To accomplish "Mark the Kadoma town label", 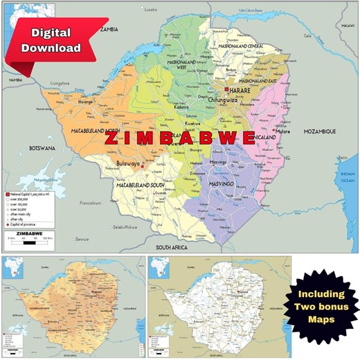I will (x=181, y=107).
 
